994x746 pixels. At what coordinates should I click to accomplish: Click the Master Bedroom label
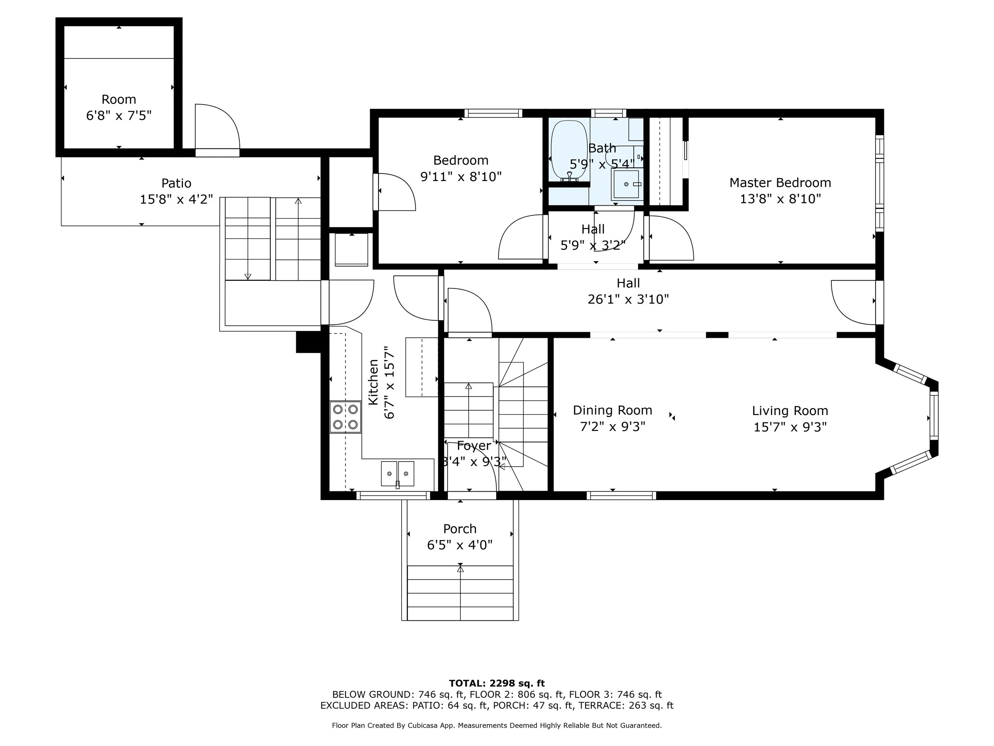coord(780,183)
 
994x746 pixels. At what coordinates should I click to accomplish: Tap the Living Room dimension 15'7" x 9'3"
coord(790,427)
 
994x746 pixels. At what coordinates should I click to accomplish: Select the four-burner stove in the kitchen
coord(345,417)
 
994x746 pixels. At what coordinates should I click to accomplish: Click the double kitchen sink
coord(398,473)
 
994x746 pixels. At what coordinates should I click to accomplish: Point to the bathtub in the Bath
coord(569,151)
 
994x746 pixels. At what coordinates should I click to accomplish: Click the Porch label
coord(460,529)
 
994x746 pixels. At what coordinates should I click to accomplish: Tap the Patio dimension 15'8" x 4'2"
coord(176,199)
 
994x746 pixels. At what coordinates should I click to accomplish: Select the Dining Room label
coord(612,410)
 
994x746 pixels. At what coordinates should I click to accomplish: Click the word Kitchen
coord(373,382)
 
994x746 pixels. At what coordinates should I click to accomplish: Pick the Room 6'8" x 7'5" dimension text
coord(118,115)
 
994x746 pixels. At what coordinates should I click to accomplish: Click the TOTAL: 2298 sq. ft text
coord(497,684)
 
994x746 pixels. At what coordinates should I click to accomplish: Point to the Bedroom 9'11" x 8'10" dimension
coord(460,177)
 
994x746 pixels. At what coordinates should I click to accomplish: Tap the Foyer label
coord(474,446)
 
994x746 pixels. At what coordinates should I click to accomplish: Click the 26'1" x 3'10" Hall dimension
coord(628,299)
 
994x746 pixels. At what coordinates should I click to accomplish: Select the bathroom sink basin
coord(626,184)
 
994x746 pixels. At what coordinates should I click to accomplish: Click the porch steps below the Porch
coord(460,593)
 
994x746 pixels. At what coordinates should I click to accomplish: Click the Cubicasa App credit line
coord(497,725)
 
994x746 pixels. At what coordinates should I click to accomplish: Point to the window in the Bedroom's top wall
coord(493,113)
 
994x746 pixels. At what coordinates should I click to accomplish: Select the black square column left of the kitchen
coord(308,342)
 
